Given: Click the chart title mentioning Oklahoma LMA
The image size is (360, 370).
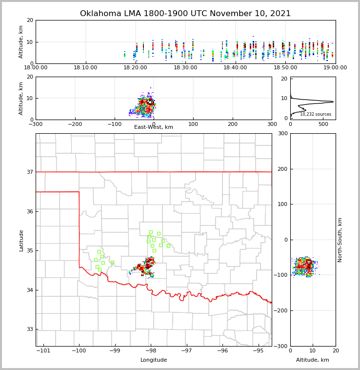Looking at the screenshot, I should coord(185,14).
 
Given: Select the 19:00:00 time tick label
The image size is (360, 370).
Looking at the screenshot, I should coord(335,68).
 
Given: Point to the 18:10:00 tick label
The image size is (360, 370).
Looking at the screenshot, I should coord(86,68).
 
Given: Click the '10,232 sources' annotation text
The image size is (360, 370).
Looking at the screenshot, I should coord(316,114).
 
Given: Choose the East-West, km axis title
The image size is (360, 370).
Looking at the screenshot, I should coord(154,127).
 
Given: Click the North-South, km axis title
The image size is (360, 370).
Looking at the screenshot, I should coord(340,240).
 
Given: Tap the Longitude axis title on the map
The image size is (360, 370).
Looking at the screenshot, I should coord(154,360).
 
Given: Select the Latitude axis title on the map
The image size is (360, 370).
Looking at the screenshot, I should coord(21,240).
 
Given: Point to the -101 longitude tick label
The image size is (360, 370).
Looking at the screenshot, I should coord(43,351).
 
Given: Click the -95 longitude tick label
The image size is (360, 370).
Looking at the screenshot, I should coord(258,351).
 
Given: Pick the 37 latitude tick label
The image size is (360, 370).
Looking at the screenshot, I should coord(29,172).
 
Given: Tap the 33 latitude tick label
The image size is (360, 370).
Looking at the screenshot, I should coord(29,329).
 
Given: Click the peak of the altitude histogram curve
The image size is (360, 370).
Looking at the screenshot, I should coord(333,102).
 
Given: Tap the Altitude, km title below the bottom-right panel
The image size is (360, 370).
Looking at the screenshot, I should coord(313,360).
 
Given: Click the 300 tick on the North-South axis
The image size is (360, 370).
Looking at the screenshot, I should coord(282,134).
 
